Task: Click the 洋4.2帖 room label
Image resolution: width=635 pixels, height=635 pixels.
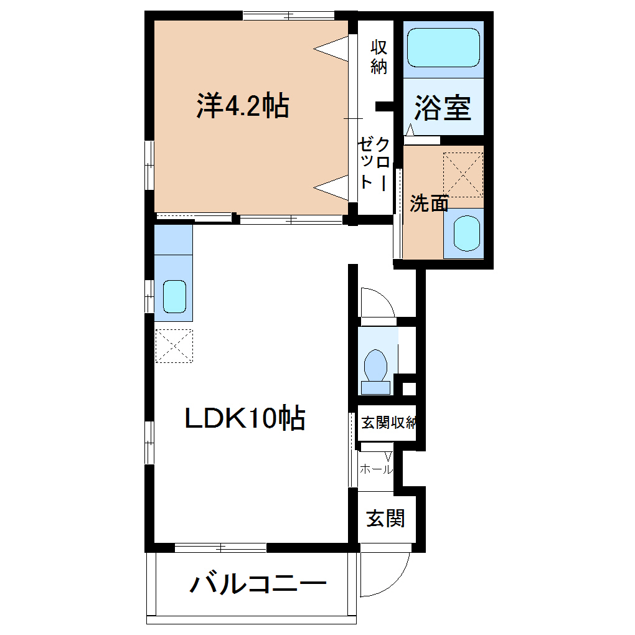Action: click(243, 106)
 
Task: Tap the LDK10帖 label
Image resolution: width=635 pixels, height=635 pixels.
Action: click(245, 418)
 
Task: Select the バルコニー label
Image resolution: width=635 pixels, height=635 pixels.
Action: click(258, 583)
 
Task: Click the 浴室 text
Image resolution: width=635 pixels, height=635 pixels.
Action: click(443, 108)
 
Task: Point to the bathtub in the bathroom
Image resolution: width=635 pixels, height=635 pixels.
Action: click(443, 47)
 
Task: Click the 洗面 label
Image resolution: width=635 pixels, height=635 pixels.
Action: click(430, 204)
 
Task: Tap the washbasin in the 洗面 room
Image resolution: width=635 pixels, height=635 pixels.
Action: click(466, 233)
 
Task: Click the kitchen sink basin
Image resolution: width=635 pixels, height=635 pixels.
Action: click(174, 296)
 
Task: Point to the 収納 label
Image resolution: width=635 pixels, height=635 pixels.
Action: click(379, 57)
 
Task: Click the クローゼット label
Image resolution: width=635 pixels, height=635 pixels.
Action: click(374, 164)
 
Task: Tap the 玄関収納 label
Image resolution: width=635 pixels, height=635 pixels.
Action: click(388, 423)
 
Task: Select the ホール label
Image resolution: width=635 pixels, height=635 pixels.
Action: click(376, 469)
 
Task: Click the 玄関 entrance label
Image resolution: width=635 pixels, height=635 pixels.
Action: click(385, 519)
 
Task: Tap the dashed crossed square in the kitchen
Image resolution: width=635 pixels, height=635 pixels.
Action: click(174, 346)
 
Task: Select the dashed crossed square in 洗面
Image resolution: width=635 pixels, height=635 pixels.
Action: click(463, 174)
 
